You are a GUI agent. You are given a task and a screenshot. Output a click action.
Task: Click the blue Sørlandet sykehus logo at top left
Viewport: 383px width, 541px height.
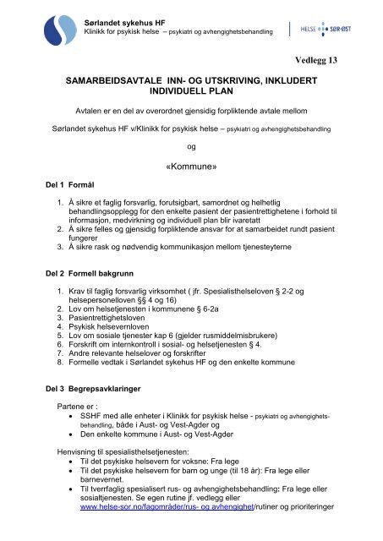57,25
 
